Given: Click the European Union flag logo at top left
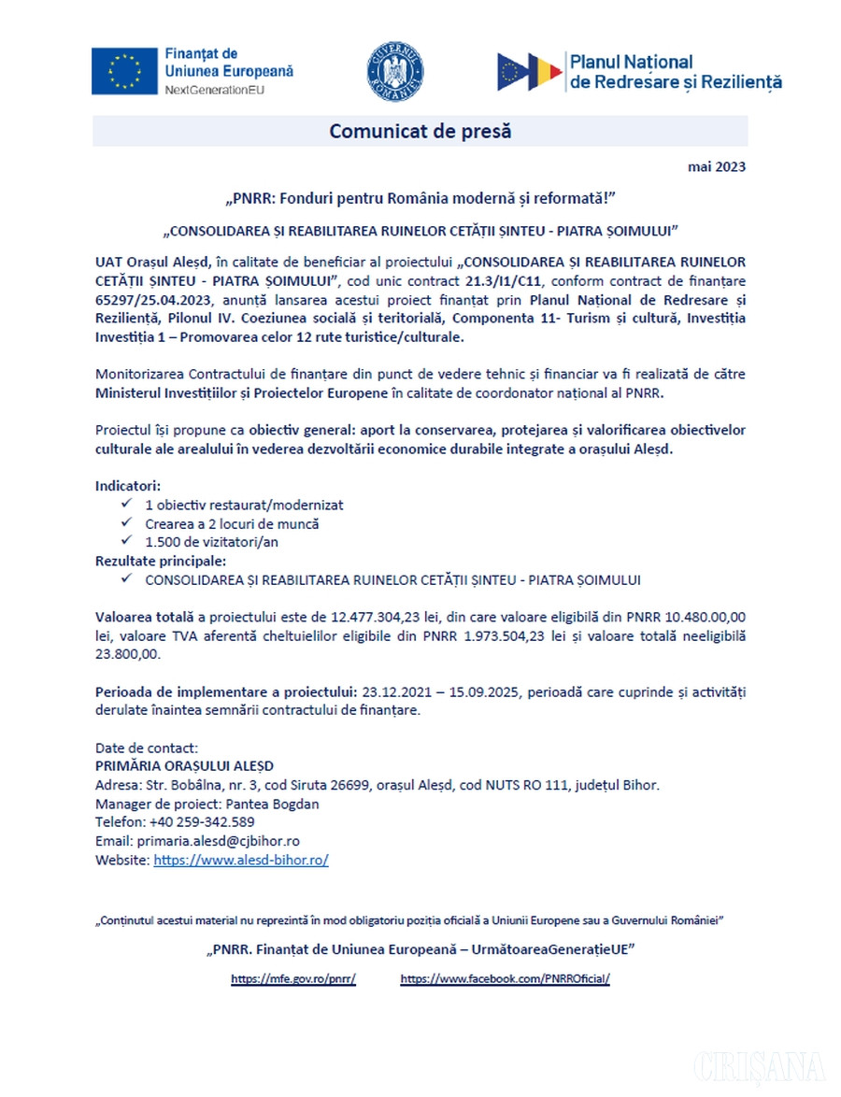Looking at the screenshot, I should pyautogui.click(x=123, y=70).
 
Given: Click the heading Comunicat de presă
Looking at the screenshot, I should pyautogui.click(x=420, y=131).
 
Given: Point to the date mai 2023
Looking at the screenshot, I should pyautogui.click(x=717, y=168).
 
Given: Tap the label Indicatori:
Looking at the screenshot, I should pyautogui.click(x=128, y=486).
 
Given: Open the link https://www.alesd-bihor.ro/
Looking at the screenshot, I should pyautogui.click(x=240, y=860).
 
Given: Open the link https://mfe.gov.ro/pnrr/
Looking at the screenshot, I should pyautogui.click(x=293, y=979).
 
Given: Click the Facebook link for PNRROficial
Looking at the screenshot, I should pyautogui.click(x=505, y=979).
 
